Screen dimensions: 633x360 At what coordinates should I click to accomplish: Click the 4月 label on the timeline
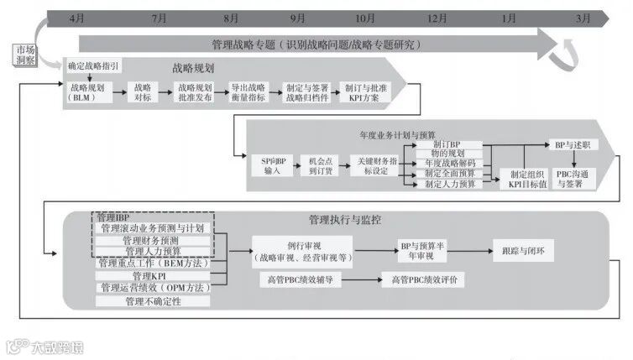click(76, 18)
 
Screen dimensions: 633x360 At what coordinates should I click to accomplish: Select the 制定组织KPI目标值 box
click(522, 178)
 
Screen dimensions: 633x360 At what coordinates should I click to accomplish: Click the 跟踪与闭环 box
click(522, 250)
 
